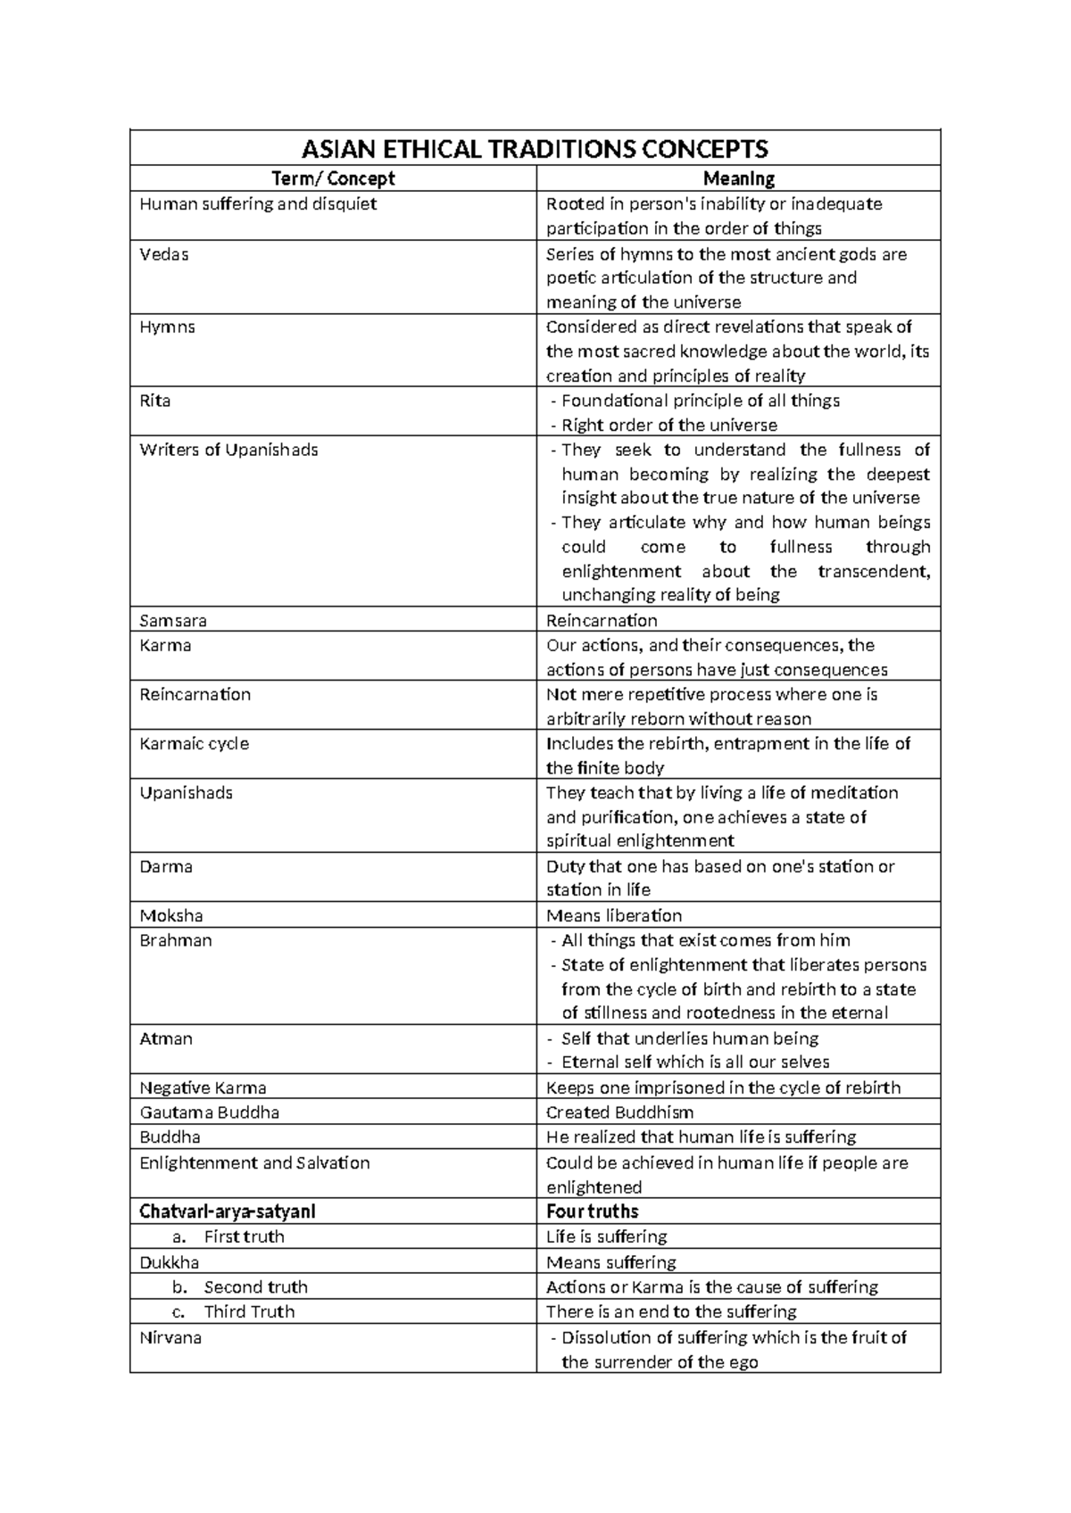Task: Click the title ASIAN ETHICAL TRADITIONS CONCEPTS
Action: [535, 148]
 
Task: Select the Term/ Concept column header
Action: [333, 178]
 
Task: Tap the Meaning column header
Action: [738, 178]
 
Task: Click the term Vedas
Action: [164, 254]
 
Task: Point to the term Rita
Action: [155, 401]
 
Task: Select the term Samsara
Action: [173, 620]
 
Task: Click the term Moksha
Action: [171, 915]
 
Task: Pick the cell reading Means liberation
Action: [614, 915]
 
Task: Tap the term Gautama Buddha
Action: [210, 1112]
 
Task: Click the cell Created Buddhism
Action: [619, 1112]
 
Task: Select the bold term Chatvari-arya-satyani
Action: [228, 1211]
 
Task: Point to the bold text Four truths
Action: [592, 1211]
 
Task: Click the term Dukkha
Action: [169, 1262]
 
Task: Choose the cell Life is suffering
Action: [607, 1236]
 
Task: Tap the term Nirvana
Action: [170, 1337]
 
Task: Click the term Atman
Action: [166, 1038]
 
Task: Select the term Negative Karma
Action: [203, 1087]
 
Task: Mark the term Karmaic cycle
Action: [195, 743]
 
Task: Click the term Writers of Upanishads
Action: [228, 450]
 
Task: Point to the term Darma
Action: [166, 866]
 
